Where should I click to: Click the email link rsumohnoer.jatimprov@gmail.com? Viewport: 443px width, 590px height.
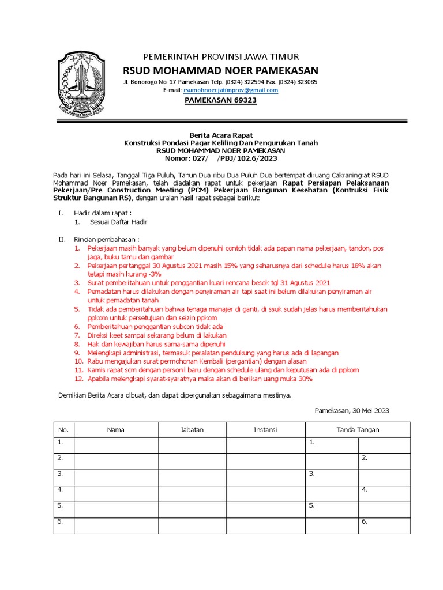(230, 90)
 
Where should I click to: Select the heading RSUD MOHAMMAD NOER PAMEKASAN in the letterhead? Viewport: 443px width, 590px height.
(221, 70)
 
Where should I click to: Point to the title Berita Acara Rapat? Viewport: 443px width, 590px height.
(221, 135)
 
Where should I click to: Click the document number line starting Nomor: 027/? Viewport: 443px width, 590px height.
(221, 158)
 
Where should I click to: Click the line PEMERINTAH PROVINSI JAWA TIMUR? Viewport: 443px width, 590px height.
(221, 56)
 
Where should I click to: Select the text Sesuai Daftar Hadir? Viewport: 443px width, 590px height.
(118, 222)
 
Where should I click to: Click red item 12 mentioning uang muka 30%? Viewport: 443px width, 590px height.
(200, 379)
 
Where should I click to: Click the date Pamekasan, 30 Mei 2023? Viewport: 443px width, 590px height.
(352, 410)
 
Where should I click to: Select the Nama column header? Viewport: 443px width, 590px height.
(116, 430)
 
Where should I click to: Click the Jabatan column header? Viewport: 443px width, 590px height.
(192, 430)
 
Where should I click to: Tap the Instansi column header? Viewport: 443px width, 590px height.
(265, 430)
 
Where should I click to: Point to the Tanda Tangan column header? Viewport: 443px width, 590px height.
(358, 430)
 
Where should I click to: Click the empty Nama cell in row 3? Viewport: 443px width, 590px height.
(116, 474)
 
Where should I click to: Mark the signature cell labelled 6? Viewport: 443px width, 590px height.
(384, 522)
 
